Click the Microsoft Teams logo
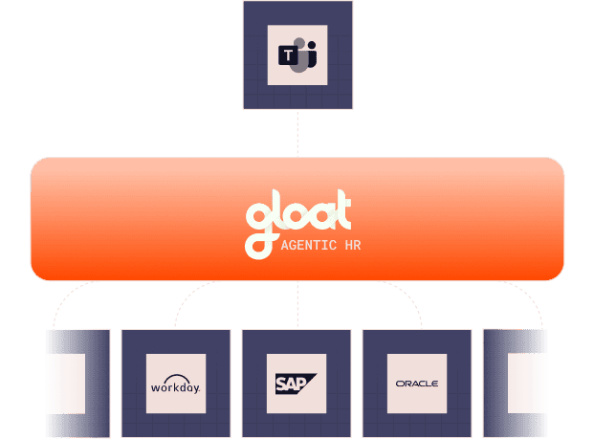(297, 55)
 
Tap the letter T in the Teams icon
(289, 55)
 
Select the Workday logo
(175, 384)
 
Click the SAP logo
(296, 384)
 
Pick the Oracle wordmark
(417, 384)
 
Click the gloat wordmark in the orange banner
(298, 224)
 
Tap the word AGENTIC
(309, 246)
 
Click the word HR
(353, 246)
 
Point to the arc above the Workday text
(177, 376)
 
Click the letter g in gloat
(259, 231)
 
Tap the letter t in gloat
(343, 209)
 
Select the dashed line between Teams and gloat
(297, 133)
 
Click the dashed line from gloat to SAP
(297, 305)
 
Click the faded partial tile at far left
(77, 384)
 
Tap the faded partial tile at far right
(516, 384)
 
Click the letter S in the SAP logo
(281, 384)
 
